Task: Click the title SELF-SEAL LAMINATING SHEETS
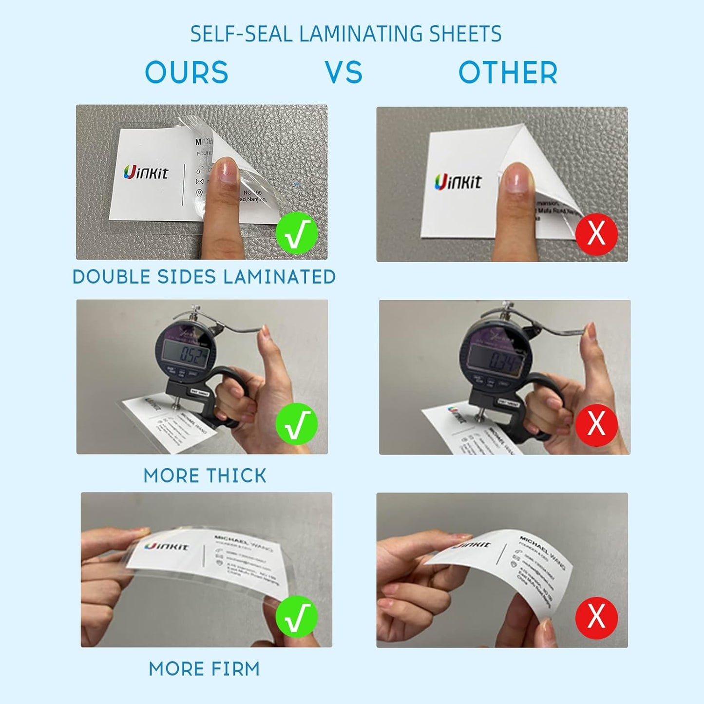pyautogui.click(x=345, y=34)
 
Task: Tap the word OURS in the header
pyautogui.click(x=187, y=73)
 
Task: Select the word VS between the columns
pyautogui.click(x=344, y=73)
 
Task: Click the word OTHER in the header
pyautogui.click(x=508, y=73)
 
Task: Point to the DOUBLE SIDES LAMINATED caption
pyautogui.click(x=204, y=277)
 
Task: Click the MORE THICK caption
pyautogui.click(x=205, y=476)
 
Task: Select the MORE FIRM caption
pyautogui.click(x=204, y=669)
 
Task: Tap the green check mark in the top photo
pyautogui.click(x=297, y=233)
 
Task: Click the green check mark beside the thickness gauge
pyautogui.click(x=297, y=424)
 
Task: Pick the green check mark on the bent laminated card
pyautogui.click(x=297, y=616)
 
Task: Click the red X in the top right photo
pyautogui.click(x=596, y=234)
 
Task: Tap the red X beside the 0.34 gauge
pyautogui.click(x=596, y=424)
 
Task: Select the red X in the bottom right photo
pyautogui.click(x=596, y=617)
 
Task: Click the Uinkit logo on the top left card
pyautogui.click(x=146, y=172)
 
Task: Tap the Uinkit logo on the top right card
pyautogui.click(x=457, y=182)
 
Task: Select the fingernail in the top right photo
pyautogui.click(x=517, y=178)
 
